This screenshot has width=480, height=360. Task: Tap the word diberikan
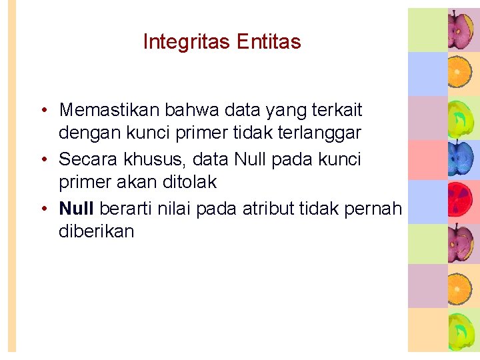(x=97, y=232)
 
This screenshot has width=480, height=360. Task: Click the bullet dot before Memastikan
(x=42, y=110)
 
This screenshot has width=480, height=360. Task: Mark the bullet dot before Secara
(x=42, y=160)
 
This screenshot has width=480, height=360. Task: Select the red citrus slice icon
(x=461, y=201)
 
